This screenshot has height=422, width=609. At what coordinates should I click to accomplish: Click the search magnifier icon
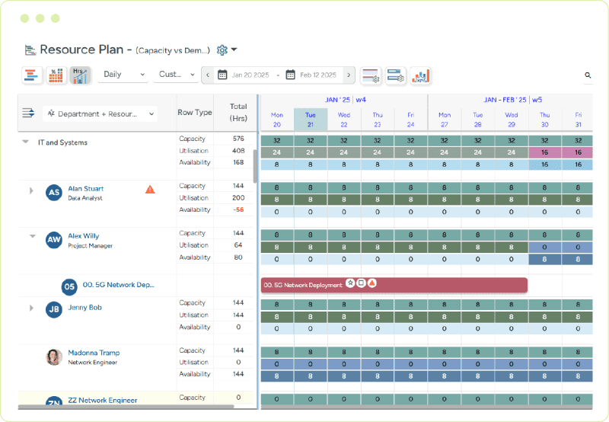click(x=588, y=75)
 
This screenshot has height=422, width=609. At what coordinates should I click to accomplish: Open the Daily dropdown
click(x=122, y=75)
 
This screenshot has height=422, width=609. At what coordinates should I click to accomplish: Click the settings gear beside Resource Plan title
click(x=222, y=50)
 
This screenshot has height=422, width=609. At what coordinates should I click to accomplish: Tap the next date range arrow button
click(x=349, y=75)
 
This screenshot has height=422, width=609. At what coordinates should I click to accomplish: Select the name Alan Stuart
click(x=85, y=188)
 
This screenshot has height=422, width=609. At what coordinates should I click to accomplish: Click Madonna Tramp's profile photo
click(x=54, y=356)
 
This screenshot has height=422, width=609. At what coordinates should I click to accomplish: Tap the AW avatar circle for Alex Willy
click(x=54, y=240)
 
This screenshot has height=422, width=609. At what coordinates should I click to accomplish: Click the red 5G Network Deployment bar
click(x=394, y=285)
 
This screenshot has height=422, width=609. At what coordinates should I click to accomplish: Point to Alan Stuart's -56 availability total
click(x=238, y=209)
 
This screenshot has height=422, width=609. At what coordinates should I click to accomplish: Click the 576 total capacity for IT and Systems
click(x=238, y=139)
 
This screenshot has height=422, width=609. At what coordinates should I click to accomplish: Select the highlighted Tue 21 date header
click(x=311, y=120)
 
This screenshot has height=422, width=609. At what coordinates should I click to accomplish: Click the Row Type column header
click(x=195, y=113)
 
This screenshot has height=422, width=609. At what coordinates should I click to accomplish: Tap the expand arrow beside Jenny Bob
click(x=31, y=308)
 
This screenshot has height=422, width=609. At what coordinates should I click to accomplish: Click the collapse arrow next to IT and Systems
click(x=26, y=142)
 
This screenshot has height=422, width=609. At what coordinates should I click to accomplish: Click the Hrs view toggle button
click(x=79, y=75)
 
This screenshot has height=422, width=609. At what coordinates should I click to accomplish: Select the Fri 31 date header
click(x=578, y=120)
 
